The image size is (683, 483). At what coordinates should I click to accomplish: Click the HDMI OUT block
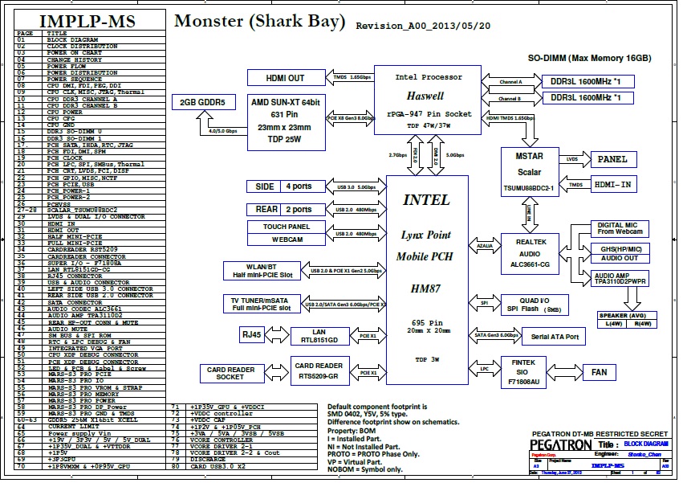point(286,78)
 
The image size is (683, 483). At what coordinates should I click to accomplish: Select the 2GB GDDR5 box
point(202,102)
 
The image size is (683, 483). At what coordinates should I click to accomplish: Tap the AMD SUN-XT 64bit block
point(286,121)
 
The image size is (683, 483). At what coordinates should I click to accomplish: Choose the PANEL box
point(612,160)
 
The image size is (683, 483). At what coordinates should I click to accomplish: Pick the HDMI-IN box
point(612,184)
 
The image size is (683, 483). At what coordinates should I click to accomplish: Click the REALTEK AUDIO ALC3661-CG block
point(529,252)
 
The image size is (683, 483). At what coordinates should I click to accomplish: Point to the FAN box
point(599,373)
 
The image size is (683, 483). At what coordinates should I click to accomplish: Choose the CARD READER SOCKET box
point(230,374)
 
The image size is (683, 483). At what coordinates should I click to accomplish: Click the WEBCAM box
point(286,239)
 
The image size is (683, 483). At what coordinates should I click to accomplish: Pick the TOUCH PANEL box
point(286,227)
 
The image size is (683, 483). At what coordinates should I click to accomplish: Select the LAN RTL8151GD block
point(319,335)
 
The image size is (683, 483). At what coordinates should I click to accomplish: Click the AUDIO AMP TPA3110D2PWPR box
point(620,279)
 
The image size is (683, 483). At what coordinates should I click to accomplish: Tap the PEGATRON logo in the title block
point(563,445)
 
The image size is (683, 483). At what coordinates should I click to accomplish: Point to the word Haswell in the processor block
point(429,95)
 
